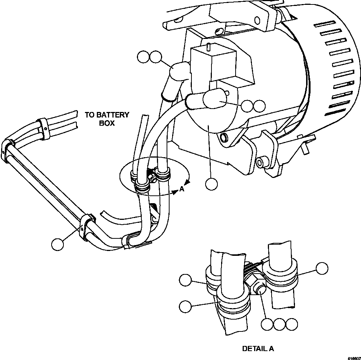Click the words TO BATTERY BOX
pyautogui.click(x=107, y=119)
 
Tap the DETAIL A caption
pyautogui.click(x=258, y=349)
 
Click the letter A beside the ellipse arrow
pyautogui.click(x=182, y=189)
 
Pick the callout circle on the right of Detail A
pyautogui.click(x=322, y=269)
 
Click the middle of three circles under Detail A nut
pyautogui.click(x=279, y=324)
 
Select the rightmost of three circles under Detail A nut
pyautogui.click(x=292, y=324)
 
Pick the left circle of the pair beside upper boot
pyautogui.click(x=143, y=57)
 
